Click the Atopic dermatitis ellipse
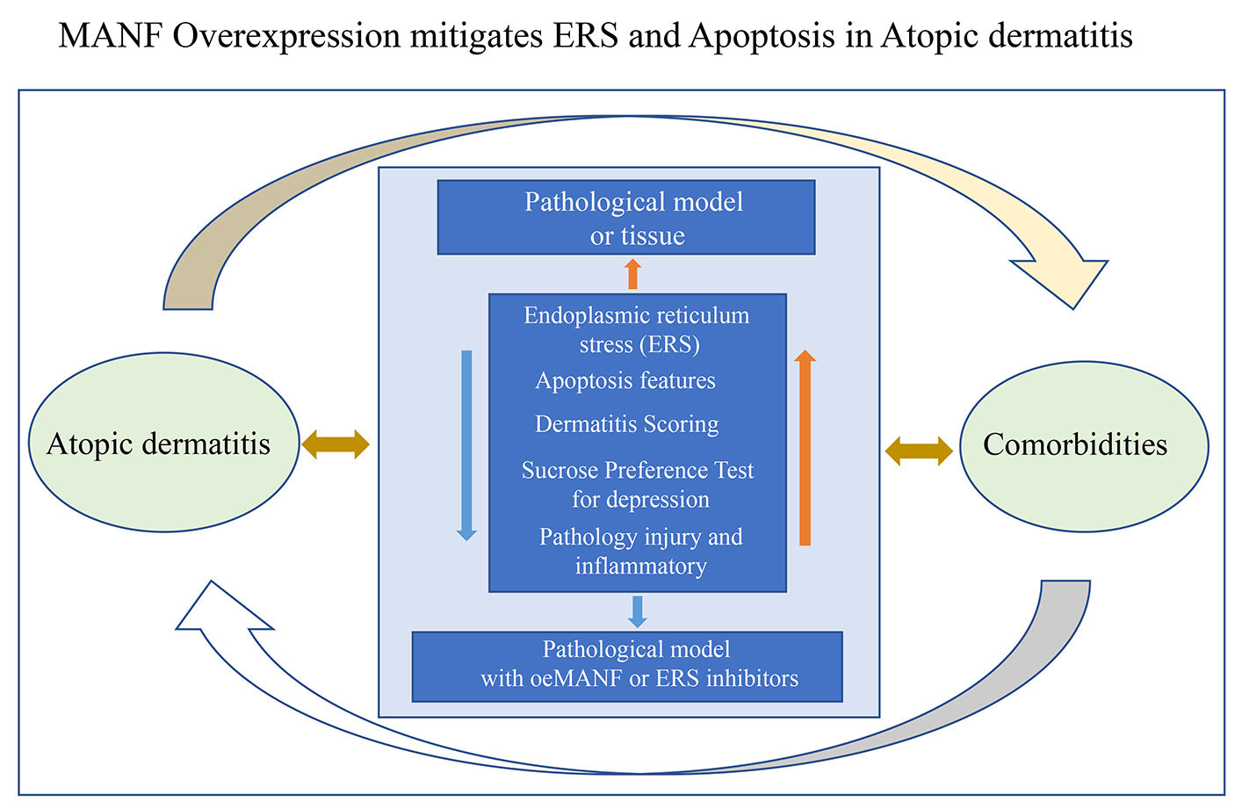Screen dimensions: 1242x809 pos(164,443)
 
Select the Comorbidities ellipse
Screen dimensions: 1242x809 pos(1084,446)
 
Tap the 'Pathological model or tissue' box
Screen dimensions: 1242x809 pos(626,217)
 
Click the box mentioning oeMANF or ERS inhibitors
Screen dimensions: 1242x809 pos(627,667)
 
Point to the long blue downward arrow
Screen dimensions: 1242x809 pos(467,445)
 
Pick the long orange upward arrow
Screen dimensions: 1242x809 pos(805,447)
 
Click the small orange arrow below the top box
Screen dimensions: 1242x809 pos(632,274)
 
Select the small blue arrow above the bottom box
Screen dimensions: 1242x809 pos(638,611)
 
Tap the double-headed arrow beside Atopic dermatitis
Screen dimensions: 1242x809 pos(336,444)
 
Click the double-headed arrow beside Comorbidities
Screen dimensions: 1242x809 pos(919,451)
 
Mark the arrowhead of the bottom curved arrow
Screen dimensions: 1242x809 pos(219,607)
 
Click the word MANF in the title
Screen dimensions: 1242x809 pos(111,36)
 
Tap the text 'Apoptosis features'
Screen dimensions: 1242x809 pos(625,381)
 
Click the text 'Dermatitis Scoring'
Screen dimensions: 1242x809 pos(626,424)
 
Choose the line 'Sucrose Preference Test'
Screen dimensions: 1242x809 pos(638,470)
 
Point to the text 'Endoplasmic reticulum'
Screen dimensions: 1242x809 pos(637,315)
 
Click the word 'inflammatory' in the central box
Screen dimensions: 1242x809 pos(641,567)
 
